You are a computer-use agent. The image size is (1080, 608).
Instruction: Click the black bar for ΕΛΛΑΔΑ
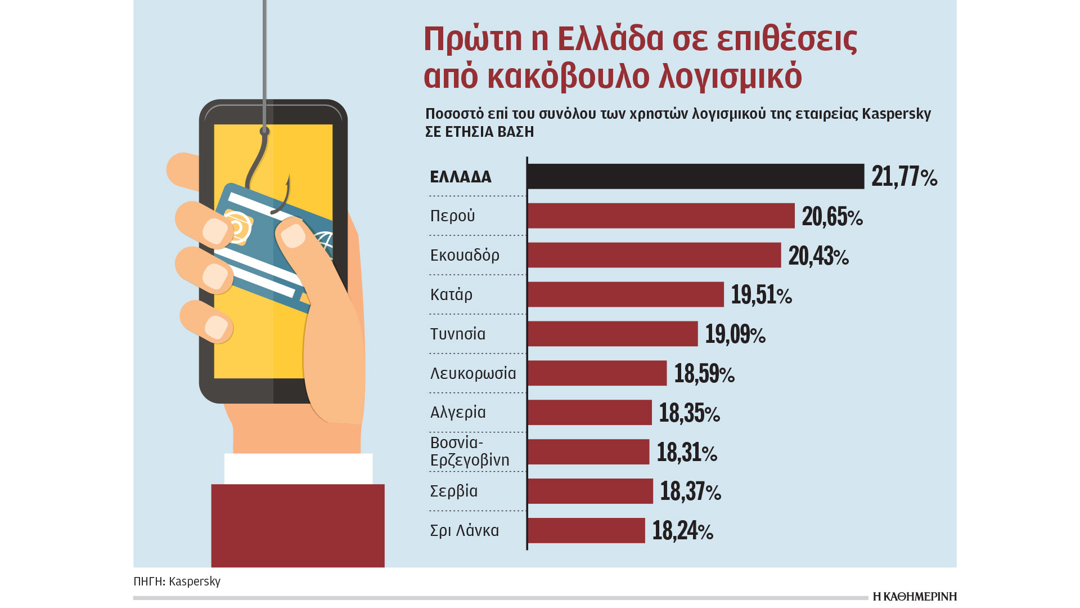click(x=695, y=176)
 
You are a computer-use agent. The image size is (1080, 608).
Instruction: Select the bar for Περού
click(x=661, y=216)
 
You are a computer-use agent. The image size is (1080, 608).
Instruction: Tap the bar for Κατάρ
click(x=625, y=294)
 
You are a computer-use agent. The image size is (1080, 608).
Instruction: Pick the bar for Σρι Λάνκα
click(x=586, y=530)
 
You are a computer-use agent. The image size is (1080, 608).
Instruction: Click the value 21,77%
click(x=904, y=176)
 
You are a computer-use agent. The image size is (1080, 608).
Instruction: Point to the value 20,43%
click(x=818, y=256)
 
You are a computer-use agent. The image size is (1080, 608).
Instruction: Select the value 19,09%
click(x=735, y=334)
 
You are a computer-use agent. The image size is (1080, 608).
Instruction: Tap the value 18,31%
click(x=687, y=453)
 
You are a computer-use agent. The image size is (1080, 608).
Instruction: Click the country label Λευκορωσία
click(x=472, y=373)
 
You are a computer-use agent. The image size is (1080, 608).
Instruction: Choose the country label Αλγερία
click(x=458, y=413)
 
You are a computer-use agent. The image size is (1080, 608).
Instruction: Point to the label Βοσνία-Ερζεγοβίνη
click(x=469, y=451)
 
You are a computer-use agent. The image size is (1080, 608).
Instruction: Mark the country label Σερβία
click(x=453, y=491)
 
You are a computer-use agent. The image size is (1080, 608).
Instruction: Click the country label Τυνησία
click(x=457, y=334)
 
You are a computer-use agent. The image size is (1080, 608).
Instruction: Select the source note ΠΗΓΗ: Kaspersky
click(x=177, y=581)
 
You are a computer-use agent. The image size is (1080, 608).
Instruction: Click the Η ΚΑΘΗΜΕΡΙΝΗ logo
click(x=914, y=597)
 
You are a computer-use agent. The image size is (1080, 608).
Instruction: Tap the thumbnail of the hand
click(x=292, y=235)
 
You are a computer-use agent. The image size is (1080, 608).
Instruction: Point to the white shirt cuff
click(x=298, y=468)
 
